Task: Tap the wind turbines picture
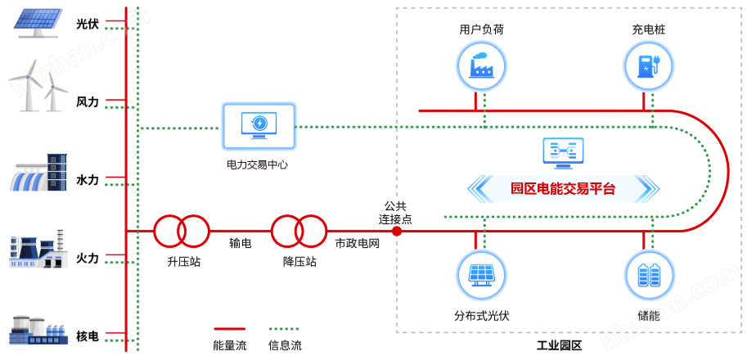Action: [x=38, y=87]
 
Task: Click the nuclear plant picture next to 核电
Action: [x=38, y=332]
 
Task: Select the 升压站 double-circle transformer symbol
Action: [x=182, y=231]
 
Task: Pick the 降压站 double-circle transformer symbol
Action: [x=299, y=231]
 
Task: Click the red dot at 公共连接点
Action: [x=397, y=231]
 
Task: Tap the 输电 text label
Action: [x=241, y=244]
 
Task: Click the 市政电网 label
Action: [x=358, y=244]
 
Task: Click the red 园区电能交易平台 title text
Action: [x=563, y=189]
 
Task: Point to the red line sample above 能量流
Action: [x=230, y=329]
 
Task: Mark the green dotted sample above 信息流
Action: [x=284, y=329]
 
